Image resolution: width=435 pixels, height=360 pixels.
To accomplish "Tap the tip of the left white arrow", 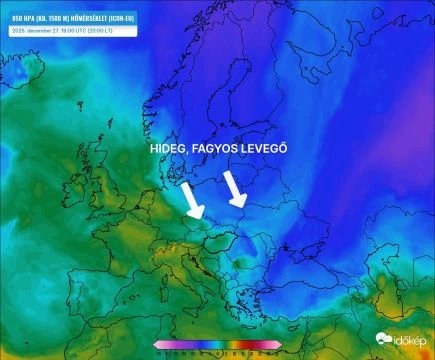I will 197,216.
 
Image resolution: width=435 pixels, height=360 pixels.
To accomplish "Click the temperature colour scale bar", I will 217,344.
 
